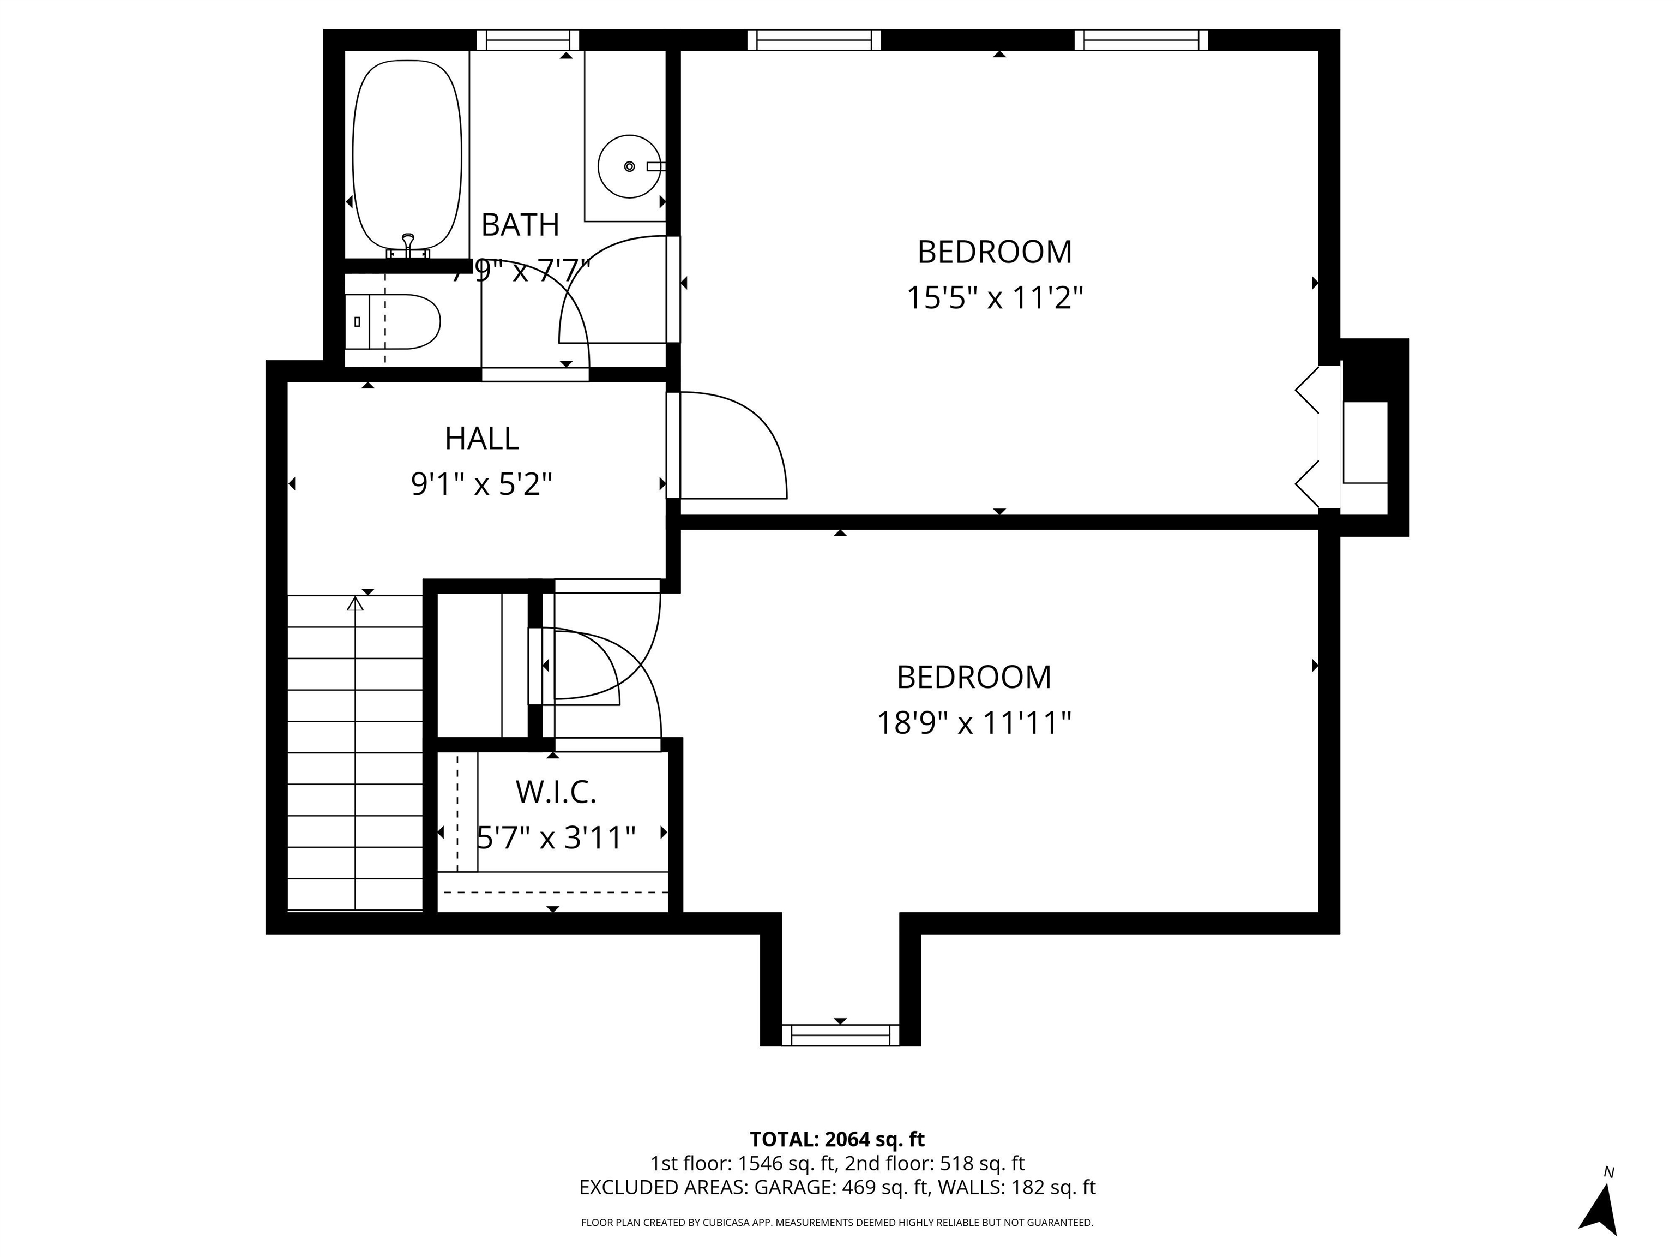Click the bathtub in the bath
point(407,155)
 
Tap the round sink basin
point(629,166)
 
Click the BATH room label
point(520,225)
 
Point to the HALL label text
point(481,439)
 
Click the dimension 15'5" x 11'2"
point(994,298)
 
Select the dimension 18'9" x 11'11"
point(974,723)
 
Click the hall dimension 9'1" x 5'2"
point(481,483)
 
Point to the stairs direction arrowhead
point(355,604)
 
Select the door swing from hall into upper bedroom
point(731,447)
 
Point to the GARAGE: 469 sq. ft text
point(841,1187)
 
